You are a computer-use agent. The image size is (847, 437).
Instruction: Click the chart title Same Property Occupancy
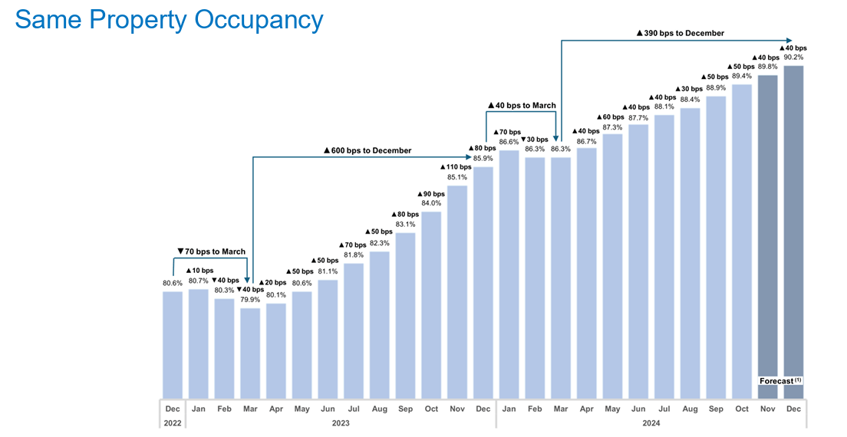[169, 20]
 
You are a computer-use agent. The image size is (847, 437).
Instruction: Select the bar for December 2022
[173, 345]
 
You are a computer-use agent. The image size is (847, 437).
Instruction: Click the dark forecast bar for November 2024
[768, 230]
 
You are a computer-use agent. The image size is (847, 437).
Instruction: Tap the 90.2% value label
[794, 58]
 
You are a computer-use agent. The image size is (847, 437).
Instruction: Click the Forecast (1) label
[780, 381]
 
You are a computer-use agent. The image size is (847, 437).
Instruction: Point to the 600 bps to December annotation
[367, 150]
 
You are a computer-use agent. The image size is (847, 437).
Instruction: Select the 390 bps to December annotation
[681, 33]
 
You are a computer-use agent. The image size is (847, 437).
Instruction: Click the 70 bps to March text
[211, 251]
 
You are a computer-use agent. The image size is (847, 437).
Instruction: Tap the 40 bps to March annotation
[522, 105]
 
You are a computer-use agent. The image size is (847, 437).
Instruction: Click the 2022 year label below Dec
[173, 423]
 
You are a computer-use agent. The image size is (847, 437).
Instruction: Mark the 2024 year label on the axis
[651, 423]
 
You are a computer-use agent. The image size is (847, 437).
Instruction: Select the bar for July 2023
[354, 330]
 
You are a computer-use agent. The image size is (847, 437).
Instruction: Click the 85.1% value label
[457, 177]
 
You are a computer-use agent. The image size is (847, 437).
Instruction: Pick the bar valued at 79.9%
[250, 353]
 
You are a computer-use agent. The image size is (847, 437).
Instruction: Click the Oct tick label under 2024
[742, 409]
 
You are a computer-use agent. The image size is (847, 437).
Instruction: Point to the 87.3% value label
[612, 127]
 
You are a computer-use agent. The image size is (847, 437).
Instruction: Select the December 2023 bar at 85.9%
[483, 284]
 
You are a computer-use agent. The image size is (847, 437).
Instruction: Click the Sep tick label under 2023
[406, 409]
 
